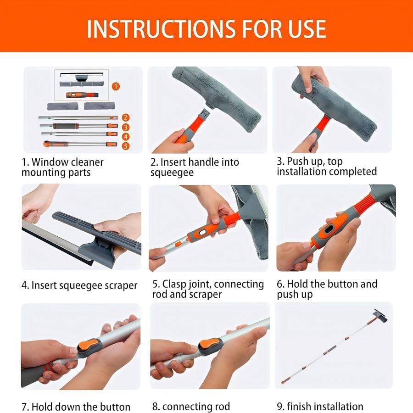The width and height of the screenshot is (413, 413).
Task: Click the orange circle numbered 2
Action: click(126, 118)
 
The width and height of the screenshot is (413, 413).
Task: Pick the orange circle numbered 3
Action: click(126, 127)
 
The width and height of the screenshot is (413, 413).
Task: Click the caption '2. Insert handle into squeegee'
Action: click(195, 167)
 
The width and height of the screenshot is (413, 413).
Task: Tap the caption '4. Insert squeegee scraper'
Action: click(79, 285)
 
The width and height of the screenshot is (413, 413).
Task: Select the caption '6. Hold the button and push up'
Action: click(327, 289)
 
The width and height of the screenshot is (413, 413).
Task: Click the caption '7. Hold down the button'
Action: click(76, 407)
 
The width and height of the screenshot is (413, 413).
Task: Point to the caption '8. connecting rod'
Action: click(191, 407)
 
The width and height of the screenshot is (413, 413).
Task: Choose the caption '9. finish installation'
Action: click(320, 407)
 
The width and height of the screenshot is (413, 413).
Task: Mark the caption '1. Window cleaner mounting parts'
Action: click(62, 167)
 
